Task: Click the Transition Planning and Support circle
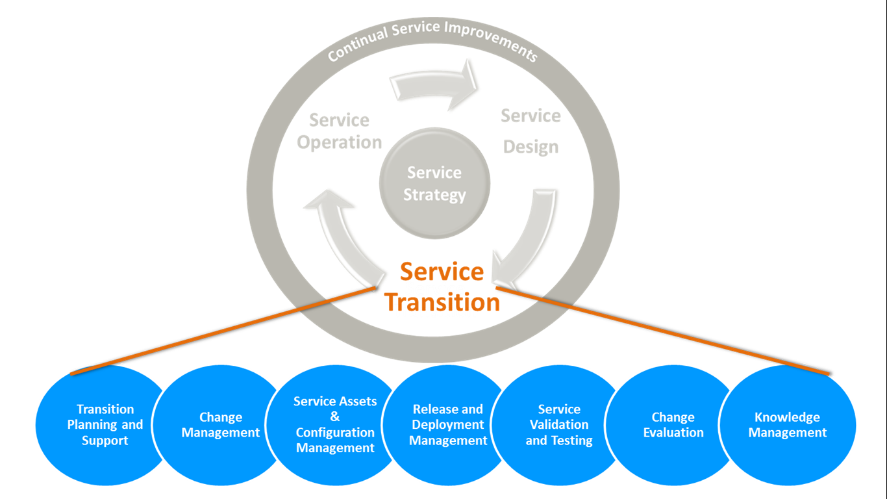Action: click(104, 425)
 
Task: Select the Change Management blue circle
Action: click(220, 425)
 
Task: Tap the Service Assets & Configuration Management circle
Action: click(335, 425)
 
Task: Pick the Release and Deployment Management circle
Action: click(448, 425)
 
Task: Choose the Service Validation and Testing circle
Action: click(559, 425)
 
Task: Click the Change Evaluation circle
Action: click(673, 425)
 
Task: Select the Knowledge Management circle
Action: click(788, 425)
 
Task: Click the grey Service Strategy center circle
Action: click(434, 183)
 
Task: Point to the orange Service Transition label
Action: click(442, 287)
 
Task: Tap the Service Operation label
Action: click(340, 131)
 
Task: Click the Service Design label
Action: click(531, 131)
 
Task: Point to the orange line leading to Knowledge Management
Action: click(662, 330)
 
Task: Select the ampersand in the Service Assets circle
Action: click(335, 417)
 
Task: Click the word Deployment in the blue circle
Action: click(448, 425)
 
